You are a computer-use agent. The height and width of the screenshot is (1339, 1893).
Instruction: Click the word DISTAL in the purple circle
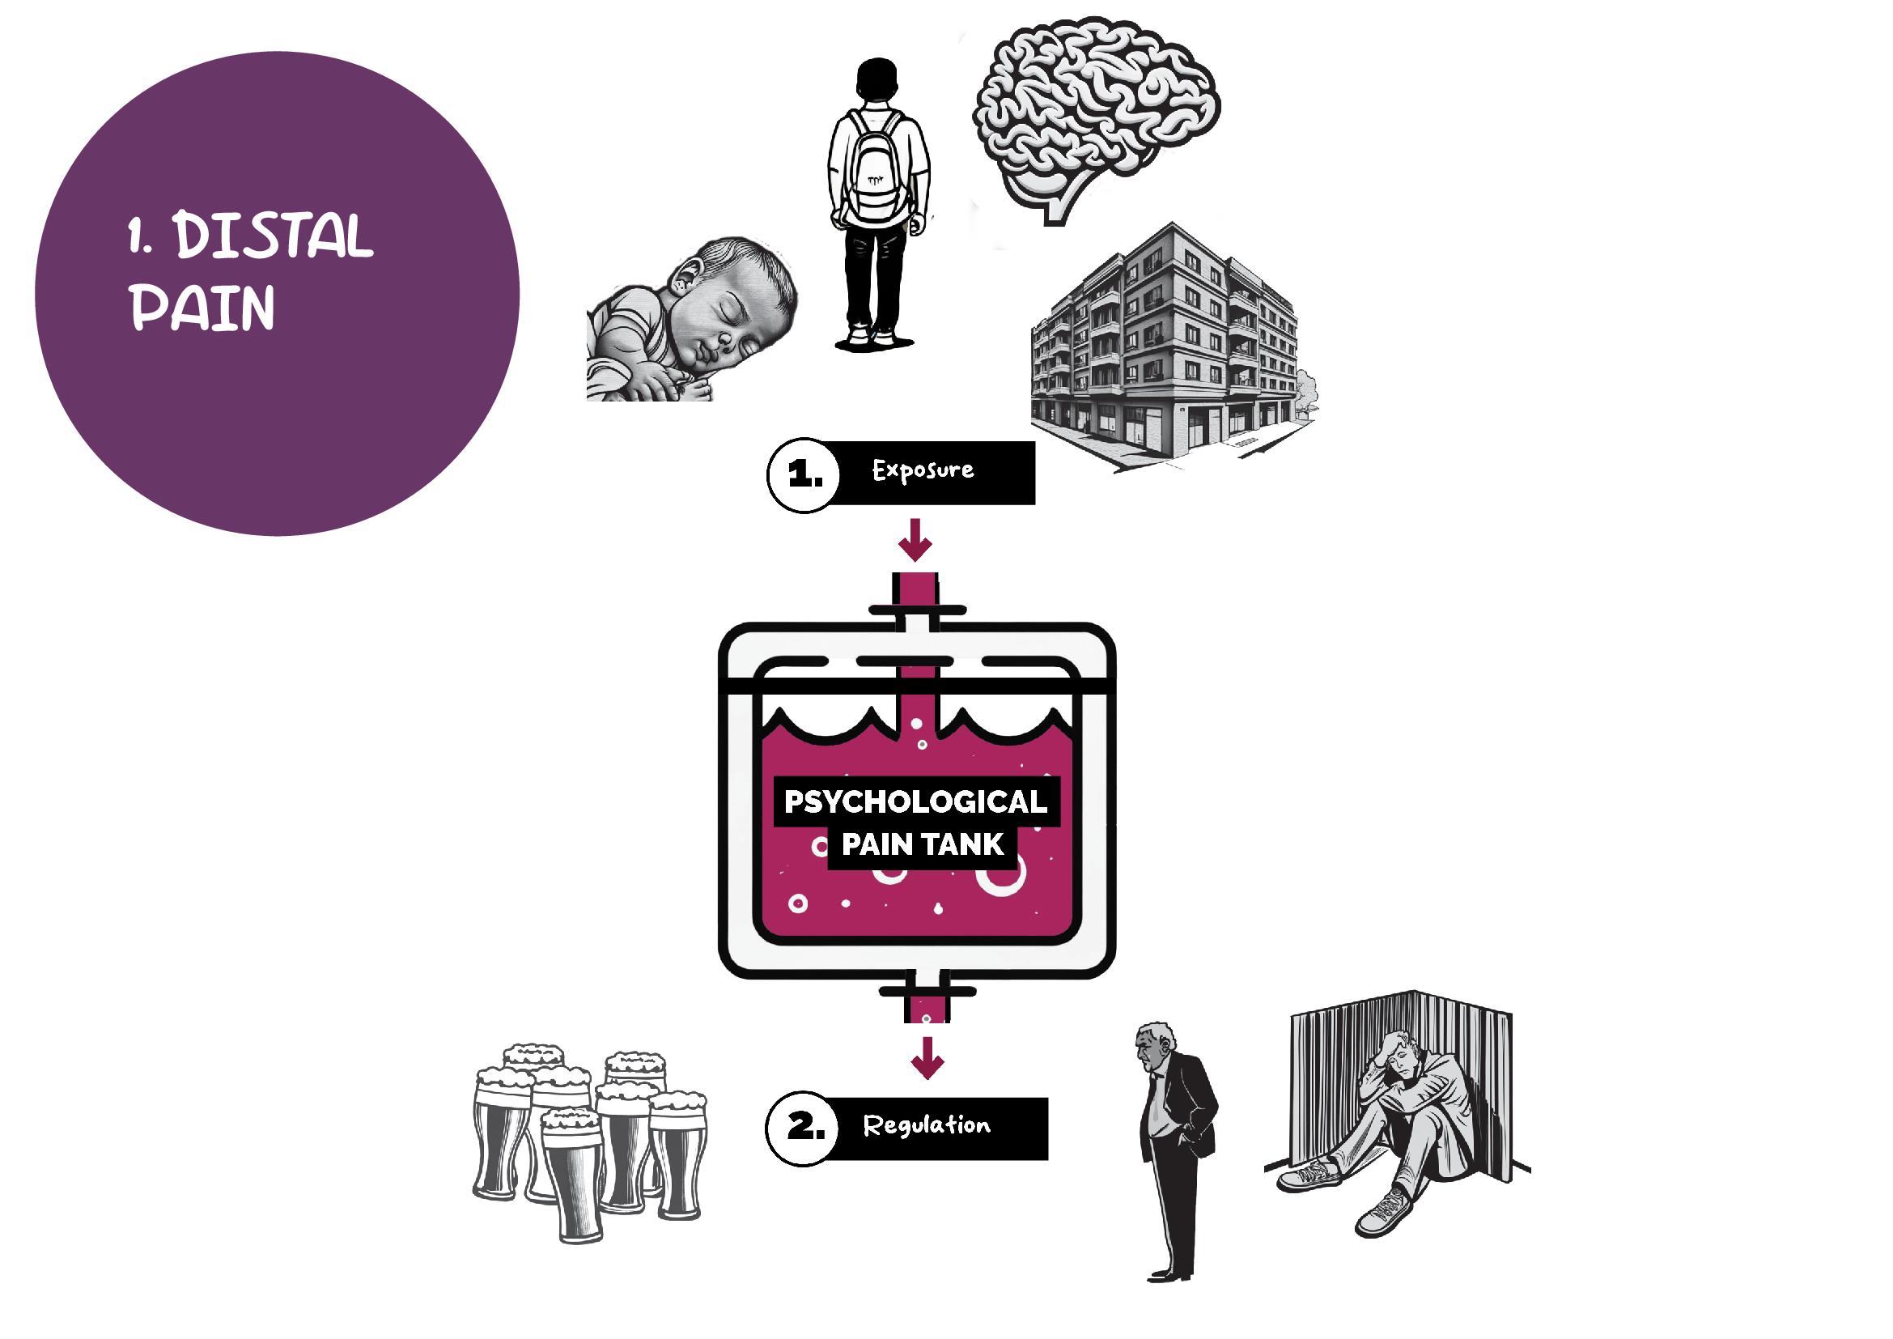pyautogui.click(x=274, y=236)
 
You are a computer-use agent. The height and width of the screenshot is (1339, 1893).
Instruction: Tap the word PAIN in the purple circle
pyautogui.click(x=202, y=309)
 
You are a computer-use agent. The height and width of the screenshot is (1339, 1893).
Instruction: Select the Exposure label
pyautogui.click(x=923, y=471)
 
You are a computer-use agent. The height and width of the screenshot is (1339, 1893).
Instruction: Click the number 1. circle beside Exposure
pyautogui.click(x=803, y=476)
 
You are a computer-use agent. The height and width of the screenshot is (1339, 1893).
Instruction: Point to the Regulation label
pyautogui.click(x=927, y=1125)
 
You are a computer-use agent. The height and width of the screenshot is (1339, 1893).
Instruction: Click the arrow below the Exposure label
pyautogui.click(x=915, y=540)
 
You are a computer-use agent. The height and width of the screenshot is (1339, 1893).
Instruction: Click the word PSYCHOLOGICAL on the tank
pyautogui.click(x=915, y=801)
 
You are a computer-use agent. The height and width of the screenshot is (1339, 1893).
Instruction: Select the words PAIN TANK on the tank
pyautogui.click(x=922, y=844)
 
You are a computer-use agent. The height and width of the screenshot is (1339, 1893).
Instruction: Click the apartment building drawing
pyautogui.click(x=1167, y=346)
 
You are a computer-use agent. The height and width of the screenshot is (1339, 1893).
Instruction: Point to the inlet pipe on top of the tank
pyautogui.click(x=916, y=601)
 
